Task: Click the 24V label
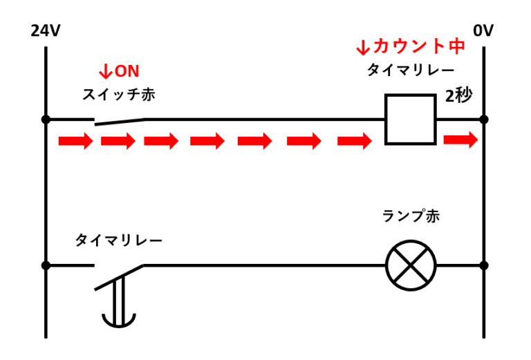(x=46, y=31)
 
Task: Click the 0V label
(x=483, y=31)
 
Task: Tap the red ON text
(x=127, y=71)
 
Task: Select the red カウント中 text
(x=419, y=46)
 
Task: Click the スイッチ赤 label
(x=119, y=95)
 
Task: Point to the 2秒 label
(x=458, y=95)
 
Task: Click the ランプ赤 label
(x=411, y=216)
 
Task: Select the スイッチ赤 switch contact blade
(x=120, y=122)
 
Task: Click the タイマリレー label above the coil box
(x=411, y=70)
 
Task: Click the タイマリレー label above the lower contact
(x=118, y=240)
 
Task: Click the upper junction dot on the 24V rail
(x=46, y=120)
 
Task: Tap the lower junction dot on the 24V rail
(x=46, y=265)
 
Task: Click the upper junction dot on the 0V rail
(x=484, y=120)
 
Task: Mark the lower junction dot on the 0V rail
(x=484, y=265)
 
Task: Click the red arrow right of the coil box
(x=460, y=140)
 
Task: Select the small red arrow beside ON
(x=106, y=71)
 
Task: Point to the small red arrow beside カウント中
(x=363, y=47)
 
